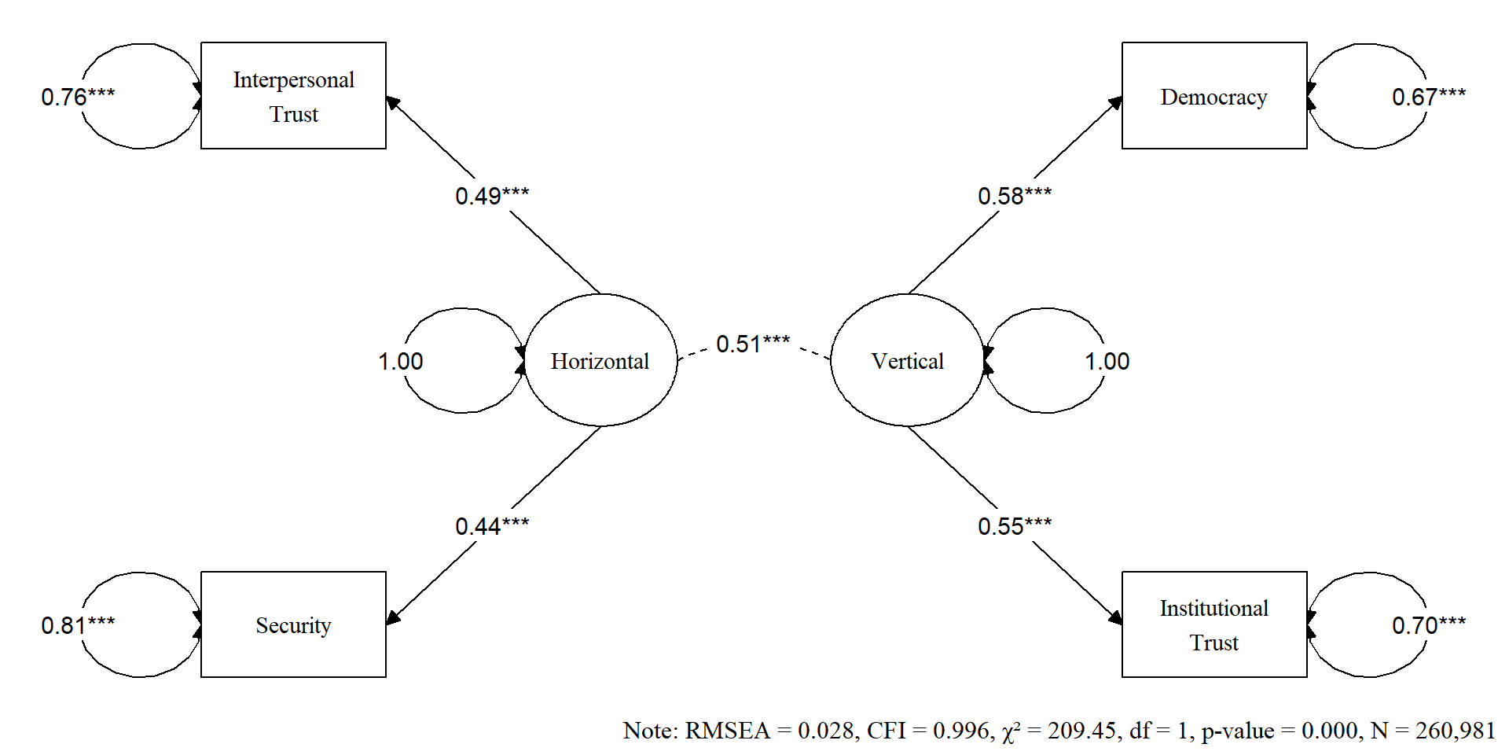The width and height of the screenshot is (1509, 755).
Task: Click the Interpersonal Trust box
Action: click(293, 96)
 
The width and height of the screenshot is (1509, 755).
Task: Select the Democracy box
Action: click(1214, 96)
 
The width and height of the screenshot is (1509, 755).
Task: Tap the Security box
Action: click(293, 624)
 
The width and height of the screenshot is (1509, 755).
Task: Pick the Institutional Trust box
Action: click(1214, 624)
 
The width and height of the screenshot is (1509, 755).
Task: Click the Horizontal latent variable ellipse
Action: click(600, 360)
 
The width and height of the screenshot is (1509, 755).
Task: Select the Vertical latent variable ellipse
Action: click(907, 360)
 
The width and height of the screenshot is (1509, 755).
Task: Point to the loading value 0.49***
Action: click(492, 195)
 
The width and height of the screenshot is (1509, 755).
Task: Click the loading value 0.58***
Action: click(1015, 195)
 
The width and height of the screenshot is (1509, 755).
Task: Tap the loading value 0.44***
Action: click(492, 525)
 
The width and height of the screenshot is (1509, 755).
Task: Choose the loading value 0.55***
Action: click(1015, 525)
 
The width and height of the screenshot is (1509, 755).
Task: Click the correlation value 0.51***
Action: click(753, 344)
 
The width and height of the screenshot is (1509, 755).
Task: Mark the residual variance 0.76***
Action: click(78, 97)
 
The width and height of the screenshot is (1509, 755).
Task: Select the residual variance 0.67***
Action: click(1428, 97)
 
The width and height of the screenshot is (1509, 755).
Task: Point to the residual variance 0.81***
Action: click(78, 625)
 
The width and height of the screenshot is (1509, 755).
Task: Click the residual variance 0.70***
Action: click(1428, 625)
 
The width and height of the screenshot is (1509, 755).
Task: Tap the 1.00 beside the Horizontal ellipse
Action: click(400, 361)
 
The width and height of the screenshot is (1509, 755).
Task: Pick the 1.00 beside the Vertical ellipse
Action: click(1107, 361)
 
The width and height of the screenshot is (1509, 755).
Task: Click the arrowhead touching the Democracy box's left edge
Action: click(1115, 103)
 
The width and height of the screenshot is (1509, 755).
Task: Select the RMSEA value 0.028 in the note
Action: click(824, 731)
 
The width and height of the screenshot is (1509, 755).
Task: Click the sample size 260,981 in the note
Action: click(1455, 731)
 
